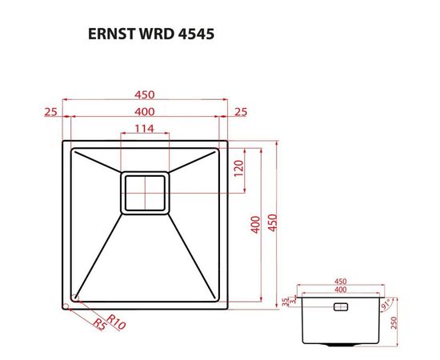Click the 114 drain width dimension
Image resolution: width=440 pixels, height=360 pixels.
pos(144,128)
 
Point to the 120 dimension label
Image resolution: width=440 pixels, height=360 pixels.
pos(238,170)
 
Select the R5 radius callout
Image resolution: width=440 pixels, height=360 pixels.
pos(98,325)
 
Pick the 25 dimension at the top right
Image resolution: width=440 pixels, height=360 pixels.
pos(240,111)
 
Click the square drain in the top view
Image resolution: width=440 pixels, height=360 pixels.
pos(145,193)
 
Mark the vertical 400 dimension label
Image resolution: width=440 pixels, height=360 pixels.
pos(256,224)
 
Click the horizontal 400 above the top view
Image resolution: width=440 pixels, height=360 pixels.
pos(145,111)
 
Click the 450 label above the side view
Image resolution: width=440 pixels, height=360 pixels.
pos(339,282)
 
